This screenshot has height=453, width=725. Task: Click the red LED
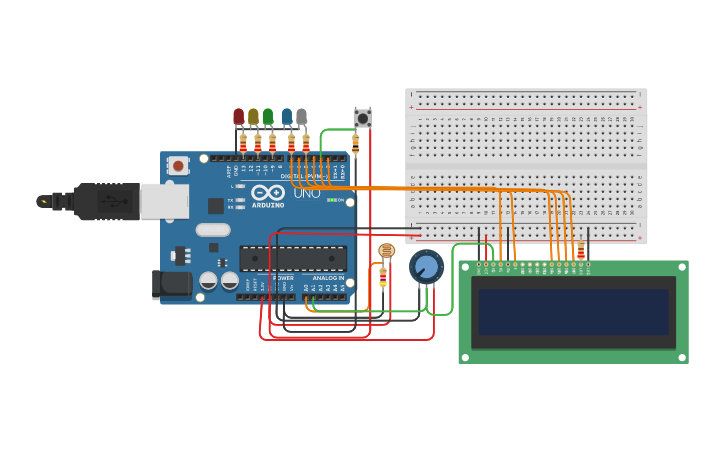click(238, 117)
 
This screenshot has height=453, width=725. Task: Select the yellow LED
click(253, 117)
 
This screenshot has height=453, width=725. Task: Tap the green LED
click(268, 117)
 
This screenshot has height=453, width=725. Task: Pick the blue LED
click(287, 117)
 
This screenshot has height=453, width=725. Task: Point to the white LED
click(301, 117)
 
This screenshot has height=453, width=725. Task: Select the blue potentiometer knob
click(426, 267)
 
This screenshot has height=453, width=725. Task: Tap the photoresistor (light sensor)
click(386, 251)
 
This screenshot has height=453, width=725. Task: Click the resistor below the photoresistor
click(383, 277)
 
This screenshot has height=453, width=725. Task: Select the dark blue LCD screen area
click(573, 312)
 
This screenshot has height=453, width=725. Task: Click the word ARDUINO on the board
click(267, 205)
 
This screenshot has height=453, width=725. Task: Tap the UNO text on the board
click(307, 193)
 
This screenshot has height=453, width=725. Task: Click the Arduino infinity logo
click(267, 192)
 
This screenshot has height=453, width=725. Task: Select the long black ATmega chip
click(293, 259)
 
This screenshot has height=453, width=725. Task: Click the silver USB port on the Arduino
click(163, 201)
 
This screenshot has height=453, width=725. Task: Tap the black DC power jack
click(172, 284)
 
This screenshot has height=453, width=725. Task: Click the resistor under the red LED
click(243, 142)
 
